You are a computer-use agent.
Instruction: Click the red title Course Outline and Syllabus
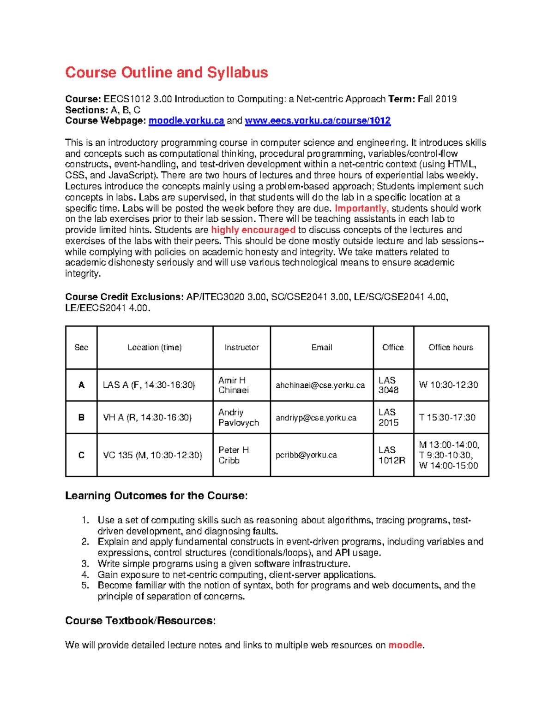point(166,72)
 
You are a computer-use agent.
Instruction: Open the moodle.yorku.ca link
point(186,121)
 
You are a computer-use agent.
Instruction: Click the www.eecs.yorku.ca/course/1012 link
point(318,121)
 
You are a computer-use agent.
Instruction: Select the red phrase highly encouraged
point(253,230)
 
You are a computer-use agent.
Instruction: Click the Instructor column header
point(241,348)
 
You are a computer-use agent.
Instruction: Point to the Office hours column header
point(451,348)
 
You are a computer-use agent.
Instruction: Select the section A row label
point(81,385)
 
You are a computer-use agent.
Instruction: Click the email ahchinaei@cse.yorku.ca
point(320,385)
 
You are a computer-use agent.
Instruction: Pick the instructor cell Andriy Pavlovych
point(238,417)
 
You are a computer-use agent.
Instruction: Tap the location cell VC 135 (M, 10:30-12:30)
point(152,455)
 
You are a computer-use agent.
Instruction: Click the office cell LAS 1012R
point(391,455)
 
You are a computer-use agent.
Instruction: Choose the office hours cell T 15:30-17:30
point(447,417)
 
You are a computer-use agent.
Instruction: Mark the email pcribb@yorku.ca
point(306,455)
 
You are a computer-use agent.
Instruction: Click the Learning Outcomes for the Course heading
point(156,496)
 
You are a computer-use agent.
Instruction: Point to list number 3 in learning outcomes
point(85,563)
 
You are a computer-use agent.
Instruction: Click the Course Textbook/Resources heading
point(140,621)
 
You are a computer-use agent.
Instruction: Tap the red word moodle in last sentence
point(405,645)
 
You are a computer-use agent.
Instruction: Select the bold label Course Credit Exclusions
point(124,297)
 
